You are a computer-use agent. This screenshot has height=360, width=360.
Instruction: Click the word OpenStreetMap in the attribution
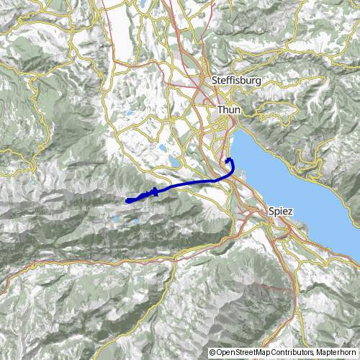pyautogui.click(x=246, y=353)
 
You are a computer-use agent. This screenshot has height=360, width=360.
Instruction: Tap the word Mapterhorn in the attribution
pyautogui.click(x=336, y=353)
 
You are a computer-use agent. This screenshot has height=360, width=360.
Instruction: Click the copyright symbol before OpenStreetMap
pyautogui.click(x=212, y=353)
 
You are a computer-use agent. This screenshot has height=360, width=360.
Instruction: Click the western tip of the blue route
pyautogui.click(x=127, y=200)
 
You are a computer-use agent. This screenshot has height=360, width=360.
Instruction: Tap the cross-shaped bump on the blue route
pyautogui.click(x=155, y=192)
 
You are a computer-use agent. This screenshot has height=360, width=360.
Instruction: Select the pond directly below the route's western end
pyautogui.click(x=114, y=216)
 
